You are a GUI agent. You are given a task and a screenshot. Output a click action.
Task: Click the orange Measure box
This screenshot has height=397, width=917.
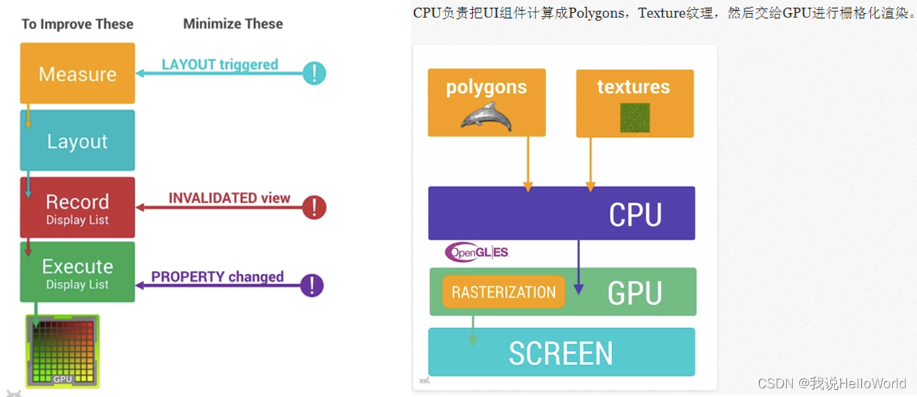tap(78, 73)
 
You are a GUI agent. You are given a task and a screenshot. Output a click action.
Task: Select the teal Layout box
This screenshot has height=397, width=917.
tap(78, 141)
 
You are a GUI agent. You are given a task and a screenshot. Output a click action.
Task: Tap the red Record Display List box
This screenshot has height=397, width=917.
tap(78, 207)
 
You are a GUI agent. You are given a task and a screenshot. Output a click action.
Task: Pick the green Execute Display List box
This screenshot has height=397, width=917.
tap(78, 272)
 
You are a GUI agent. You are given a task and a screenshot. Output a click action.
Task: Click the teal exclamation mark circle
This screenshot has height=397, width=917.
tap(314, 72)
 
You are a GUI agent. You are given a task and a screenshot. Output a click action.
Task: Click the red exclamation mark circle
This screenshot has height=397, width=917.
tap(314, 207)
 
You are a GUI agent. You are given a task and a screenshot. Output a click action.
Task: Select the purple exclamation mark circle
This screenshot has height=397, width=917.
tap(312, 285)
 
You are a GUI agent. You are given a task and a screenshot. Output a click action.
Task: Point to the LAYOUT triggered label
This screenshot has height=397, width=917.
tap(219, 64)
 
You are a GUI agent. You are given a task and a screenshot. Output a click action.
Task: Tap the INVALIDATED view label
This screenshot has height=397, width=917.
tap(229, 198)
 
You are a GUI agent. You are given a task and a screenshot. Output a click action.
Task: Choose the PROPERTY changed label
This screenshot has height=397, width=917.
tap(217, 277)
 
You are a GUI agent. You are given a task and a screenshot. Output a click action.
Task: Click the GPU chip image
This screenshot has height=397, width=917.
tap(62, 351)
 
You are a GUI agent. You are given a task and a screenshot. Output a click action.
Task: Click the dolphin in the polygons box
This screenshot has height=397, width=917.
tap(486, 116)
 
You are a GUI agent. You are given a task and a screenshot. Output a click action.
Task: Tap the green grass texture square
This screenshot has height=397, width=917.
tap(635, 117)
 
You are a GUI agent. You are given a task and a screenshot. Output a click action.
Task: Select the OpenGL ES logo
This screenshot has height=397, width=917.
tap(477, 252)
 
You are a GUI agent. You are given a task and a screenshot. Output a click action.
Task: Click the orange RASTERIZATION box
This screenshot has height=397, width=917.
tap(503, 292)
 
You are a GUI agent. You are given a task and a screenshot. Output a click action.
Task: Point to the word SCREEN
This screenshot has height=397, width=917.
tap(561, 354)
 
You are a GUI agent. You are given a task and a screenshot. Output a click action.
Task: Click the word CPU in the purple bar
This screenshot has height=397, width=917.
tap(635, 214)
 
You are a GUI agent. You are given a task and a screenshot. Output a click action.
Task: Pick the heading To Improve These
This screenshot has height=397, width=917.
tap(78, 24)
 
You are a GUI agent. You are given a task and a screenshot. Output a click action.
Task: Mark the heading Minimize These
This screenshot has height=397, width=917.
tap(233, 24)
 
